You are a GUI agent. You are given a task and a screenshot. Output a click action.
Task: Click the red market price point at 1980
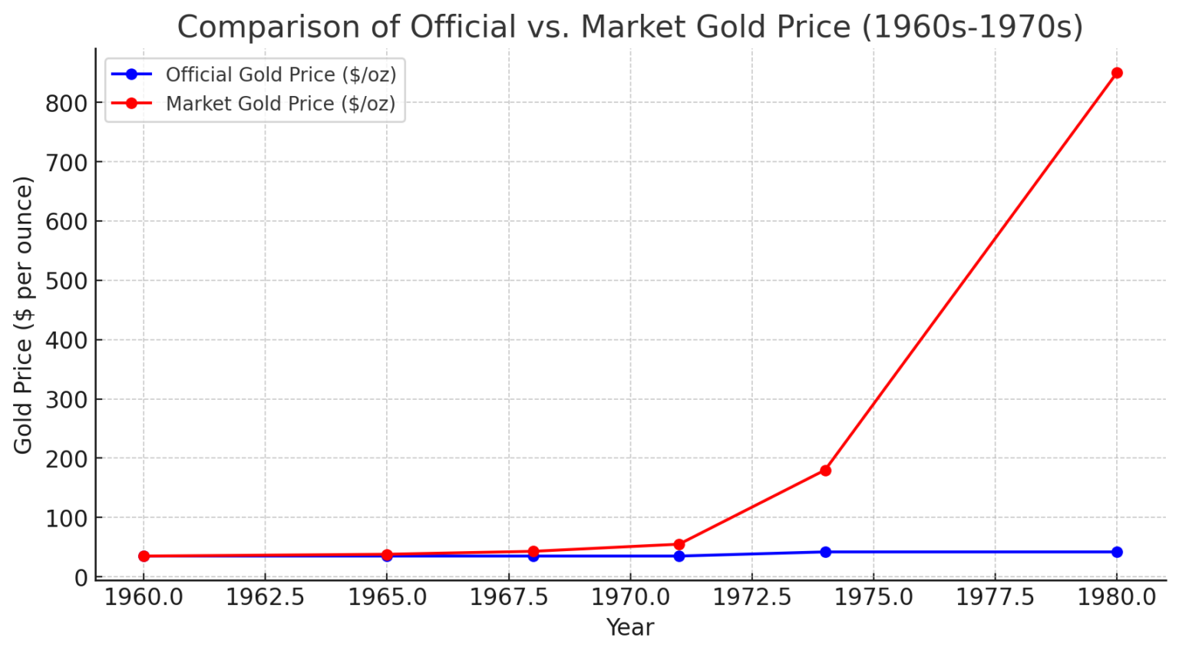1117,73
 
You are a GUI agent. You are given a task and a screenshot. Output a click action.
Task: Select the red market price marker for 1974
825,471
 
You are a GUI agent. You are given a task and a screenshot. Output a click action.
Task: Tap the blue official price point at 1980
1117,552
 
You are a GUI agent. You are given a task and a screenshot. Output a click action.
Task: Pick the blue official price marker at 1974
825,552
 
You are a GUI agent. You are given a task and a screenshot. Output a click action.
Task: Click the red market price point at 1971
679,544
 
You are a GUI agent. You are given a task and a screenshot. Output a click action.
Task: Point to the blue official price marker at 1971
679,556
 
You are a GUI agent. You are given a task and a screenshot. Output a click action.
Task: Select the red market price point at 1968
533,551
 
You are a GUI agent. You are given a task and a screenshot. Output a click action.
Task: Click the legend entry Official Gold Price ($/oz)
280,74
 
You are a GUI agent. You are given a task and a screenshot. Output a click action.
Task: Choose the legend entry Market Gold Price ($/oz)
280,104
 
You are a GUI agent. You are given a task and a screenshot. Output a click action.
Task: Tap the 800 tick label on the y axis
67,103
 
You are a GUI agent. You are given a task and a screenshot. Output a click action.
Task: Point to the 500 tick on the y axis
67,281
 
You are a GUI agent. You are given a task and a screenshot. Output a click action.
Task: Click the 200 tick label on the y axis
67,459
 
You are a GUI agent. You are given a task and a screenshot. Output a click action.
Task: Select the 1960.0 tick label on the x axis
144,597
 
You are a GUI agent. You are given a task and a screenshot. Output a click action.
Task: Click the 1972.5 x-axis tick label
751,597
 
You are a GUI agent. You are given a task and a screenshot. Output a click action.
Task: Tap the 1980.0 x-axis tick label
1117,597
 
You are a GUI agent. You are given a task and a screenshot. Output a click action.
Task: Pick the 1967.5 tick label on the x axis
508,597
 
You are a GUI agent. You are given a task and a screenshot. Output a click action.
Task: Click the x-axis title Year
630,627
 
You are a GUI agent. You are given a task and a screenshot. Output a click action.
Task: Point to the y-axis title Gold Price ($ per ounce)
23,315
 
